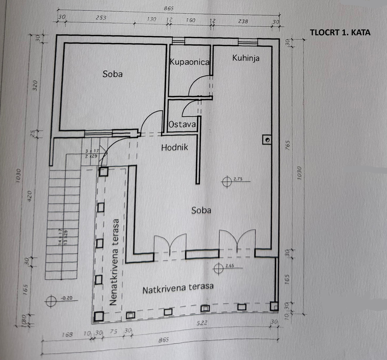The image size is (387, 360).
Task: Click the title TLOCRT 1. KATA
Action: (x=340, y=33)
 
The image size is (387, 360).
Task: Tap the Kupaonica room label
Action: (x=190, y=62)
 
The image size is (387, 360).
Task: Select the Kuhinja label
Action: (x=246, y=58)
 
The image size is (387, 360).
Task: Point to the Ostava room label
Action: (x=182, y=124)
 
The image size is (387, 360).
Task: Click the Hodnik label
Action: (x=174, y=148)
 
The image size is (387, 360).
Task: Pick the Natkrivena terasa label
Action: (x=178, y=288)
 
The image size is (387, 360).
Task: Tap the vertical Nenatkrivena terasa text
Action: (x=114, y=262)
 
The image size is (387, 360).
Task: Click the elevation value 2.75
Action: (x=238, y=179)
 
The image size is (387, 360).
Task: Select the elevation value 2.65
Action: (x=230, y=266)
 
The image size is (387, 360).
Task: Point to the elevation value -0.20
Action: (x=67, y=298)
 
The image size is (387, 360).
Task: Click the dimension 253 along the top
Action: (x=101, y=18)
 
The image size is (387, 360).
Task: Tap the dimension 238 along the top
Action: (x=243, y=21)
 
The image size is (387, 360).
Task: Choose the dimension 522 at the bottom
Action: (x=202, y=323)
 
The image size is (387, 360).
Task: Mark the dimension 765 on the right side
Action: (x=288, y=145)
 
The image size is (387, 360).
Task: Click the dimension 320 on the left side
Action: (x=35, y=85)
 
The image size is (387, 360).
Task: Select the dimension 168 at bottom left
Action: (x=67, y=335)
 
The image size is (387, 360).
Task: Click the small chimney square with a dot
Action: (x=267, y=140)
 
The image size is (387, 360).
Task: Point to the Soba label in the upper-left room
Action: (x=113, y=74)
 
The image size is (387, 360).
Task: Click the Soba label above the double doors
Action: (x=201, y=210)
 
